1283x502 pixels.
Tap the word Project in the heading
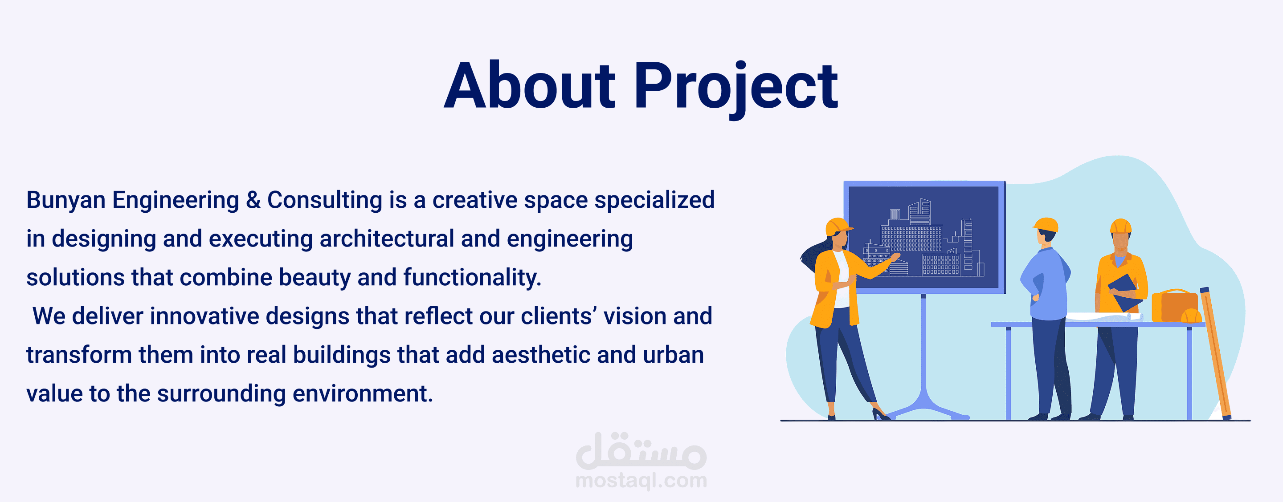pos(736,89)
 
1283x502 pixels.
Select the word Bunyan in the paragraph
pos(66,201)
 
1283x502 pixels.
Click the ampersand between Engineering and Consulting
pos(253,200)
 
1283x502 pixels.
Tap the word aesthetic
pos(541,355)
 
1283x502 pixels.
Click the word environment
pos(363,394)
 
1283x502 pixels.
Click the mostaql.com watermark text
pos(641,481)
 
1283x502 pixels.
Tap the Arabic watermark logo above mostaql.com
pos(641,451)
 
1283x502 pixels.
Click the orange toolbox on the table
pos(1174,305)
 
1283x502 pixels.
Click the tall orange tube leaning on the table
pos(1216,353)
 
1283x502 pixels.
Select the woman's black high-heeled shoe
pos(881,414)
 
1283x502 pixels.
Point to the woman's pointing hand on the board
pos(895,257)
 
